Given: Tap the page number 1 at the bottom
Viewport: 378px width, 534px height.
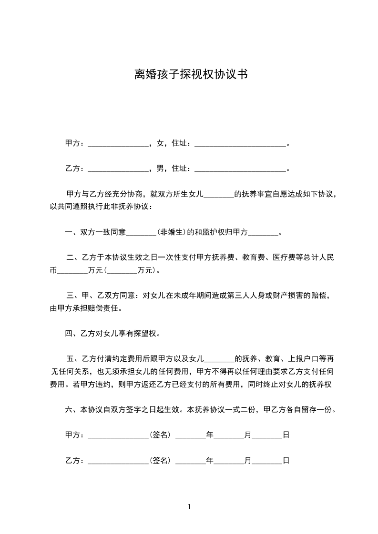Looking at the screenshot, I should [189, 507].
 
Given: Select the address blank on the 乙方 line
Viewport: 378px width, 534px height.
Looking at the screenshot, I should [240, 169].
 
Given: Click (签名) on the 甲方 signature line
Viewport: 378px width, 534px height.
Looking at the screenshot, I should [161, 435].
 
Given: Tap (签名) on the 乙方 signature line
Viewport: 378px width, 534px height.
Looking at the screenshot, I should [161, 460].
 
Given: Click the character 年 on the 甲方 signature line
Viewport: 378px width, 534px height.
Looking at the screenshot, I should [209, 435].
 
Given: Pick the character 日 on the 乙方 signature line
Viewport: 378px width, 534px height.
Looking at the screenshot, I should [286, 460].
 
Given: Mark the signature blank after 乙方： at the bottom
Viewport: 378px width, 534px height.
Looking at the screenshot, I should [118, 461].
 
